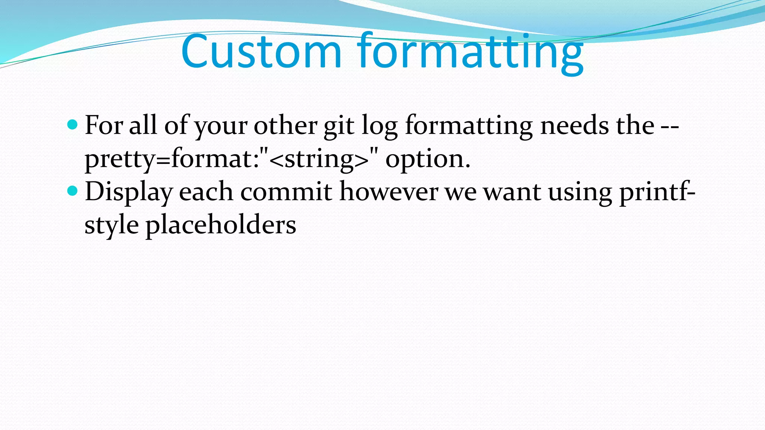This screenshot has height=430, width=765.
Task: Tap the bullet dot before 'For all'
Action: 72,125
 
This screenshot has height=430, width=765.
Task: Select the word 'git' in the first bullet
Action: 338,126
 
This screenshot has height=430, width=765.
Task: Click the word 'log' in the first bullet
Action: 380,126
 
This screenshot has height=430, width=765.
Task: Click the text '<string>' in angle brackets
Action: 318,159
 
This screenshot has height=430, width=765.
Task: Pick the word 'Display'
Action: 128,192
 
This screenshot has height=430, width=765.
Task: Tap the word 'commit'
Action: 286,192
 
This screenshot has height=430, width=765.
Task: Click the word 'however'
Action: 388,192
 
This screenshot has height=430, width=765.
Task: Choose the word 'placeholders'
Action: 221,225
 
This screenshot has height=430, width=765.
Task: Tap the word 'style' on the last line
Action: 112,225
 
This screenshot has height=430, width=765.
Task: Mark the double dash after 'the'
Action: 670,126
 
